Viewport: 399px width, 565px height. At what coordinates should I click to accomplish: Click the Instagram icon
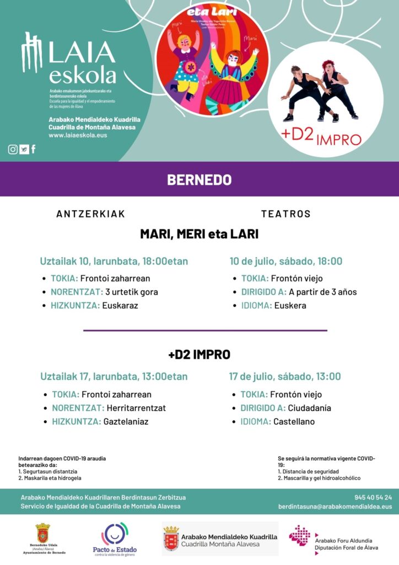pos(13,149)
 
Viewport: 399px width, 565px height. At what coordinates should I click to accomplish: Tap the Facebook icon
pos(34,149)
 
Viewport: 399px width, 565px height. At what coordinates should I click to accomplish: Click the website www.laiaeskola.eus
pos(78,135)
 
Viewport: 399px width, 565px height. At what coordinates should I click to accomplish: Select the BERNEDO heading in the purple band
pos(199,180)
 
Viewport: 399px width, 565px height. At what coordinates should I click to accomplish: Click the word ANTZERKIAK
pos(91,214)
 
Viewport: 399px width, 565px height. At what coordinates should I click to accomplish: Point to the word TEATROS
pos(286,214)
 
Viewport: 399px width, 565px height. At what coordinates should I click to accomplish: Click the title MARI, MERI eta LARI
pos(199,234)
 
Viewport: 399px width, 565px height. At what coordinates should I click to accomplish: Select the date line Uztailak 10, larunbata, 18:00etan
pos(114,261)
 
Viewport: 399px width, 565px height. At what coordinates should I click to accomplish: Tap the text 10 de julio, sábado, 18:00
pos(286,261)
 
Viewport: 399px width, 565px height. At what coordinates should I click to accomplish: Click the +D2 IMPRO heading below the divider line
pos(199,354)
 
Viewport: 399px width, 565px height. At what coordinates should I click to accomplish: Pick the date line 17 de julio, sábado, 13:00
pos(285,376)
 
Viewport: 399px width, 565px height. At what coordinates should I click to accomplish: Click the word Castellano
pos(295,422)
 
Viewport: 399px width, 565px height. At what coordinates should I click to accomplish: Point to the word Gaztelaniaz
pos(126,422)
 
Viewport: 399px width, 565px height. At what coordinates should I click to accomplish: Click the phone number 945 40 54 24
pos(373,497)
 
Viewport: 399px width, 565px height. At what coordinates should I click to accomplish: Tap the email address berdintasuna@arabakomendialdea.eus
pos(335,506)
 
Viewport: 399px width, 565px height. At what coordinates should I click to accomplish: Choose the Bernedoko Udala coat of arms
pos(42,534)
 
